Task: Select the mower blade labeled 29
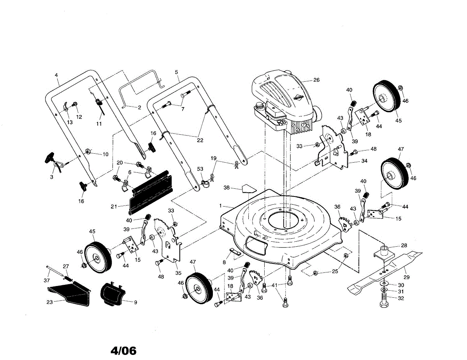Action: [385, 270]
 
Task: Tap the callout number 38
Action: [227, 188]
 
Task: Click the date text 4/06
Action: [124, 351]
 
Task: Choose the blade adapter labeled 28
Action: [384, 251]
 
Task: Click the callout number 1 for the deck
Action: [220, 205]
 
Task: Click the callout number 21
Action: [114, 206]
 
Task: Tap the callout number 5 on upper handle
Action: [176, 72]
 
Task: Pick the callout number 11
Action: [99, 124]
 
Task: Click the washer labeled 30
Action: [384, 285]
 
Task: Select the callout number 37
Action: [47, 281]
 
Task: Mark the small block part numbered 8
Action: [235, 251]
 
